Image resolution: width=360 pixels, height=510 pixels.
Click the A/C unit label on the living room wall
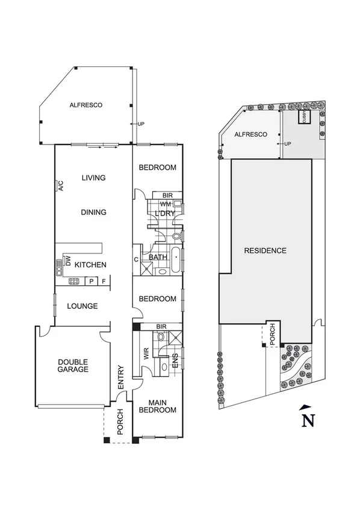click(x=61, y=185)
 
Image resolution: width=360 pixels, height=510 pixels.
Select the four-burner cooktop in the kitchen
click(x=75, y=281)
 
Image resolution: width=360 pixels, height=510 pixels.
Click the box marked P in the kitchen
click(x=91, y=281)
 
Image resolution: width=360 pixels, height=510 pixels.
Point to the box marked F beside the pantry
click(x=104, y=281)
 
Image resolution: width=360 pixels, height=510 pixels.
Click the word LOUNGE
click(x=82, y=306)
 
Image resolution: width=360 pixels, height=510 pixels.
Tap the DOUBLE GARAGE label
click(x=73, y=365)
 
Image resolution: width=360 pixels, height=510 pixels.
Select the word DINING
click(x=93, y=212)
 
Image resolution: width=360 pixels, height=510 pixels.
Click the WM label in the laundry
click(x=165, y=205)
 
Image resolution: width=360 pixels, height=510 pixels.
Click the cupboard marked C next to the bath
click(x=137, y=260)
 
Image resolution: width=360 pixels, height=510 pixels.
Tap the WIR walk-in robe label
click(x=146, y=353)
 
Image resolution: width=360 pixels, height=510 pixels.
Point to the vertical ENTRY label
click(x=121, y=376)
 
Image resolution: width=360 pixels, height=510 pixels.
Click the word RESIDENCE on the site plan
click(x=265, y=250)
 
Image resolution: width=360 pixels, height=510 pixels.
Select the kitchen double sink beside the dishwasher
click(x=59, y=264)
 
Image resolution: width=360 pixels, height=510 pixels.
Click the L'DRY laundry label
click(x=164, y=214)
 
